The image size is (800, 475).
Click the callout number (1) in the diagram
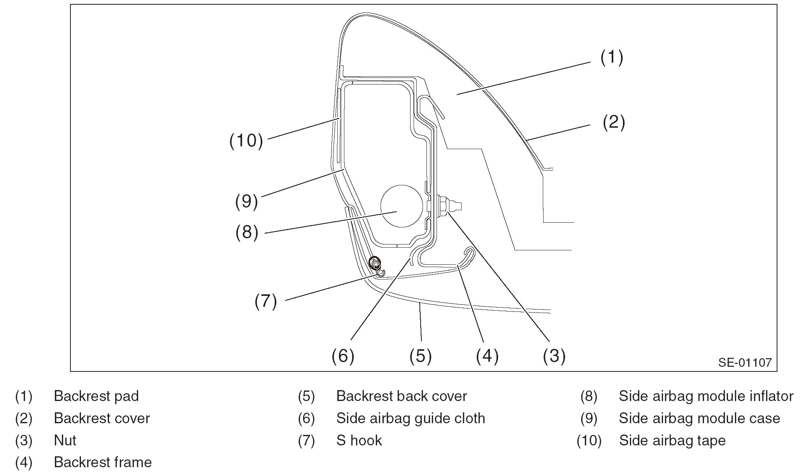point(612,57)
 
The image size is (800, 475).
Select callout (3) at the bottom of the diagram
point(554,355)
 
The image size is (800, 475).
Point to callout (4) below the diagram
point(487,355)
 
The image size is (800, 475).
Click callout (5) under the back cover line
point(420,355)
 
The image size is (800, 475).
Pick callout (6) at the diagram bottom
point(343,355)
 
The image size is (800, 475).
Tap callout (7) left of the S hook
point(266,301)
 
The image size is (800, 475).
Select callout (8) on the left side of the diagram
point(247,232)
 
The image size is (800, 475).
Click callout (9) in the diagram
point(246,202)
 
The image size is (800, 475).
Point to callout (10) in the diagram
point(246,141)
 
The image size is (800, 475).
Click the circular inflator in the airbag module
point(402,206)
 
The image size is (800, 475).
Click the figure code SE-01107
point(744,362)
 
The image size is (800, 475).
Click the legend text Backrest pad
point(96,396)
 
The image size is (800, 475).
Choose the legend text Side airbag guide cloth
point(411,418)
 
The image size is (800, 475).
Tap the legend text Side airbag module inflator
point(706,396)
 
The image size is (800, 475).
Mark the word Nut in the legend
point(65,440)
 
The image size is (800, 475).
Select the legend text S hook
point(359,440)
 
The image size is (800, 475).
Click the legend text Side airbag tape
point(672,440)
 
